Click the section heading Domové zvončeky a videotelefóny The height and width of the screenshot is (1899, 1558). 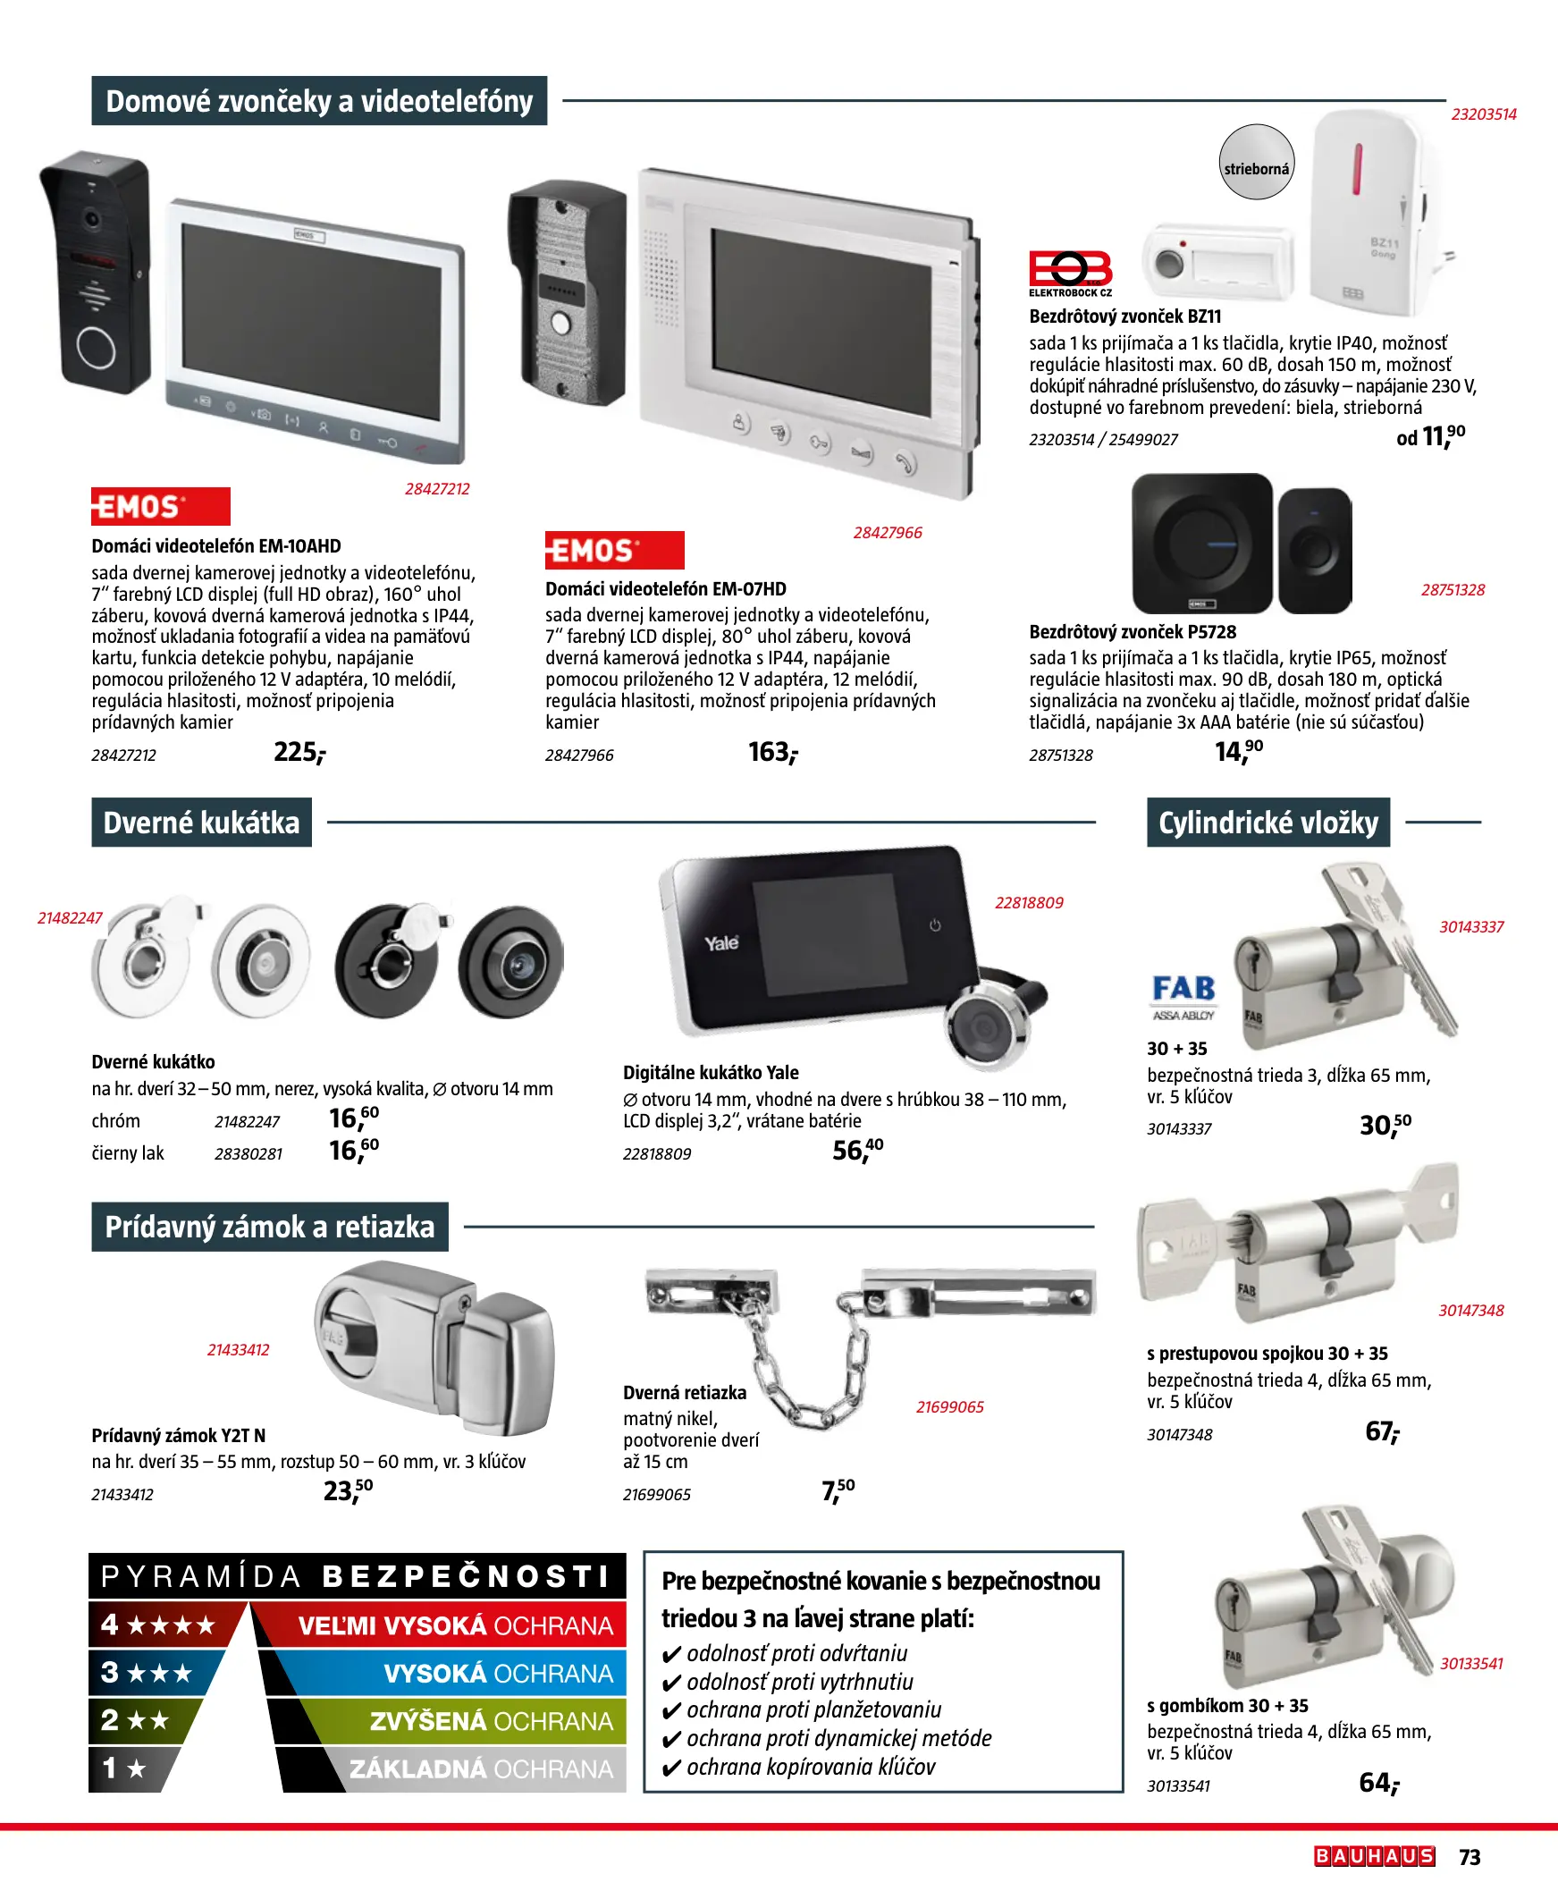pyautogui.click(x=318, y=100)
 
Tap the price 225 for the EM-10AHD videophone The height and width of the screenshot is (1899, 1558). pyautogui.click(x=299, y=752)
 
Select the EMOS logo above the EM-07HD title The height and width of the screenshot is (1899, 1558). pyautogui.click(x=615, y=550)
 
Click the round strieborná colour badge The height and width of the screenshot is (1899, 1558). pyautogui.click(x=1257, y=163)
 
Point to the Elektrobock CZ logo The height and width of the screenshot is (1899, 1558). pyautogui.click(x=1071, y=274)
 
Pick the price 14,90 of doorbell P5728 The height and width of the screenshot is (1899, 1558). pyautogui.click(x=1239, y=751)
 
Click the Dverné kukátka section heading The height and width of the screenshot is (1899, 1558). pyautogui.click(x=201, y=822)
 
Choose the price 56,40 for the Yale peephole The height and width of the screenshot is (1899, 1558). pyautogui.click(x=857, y=1150)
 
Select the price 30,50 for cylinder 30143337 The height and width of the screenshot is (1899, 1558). pyautogui.click(x=1385, y=1125)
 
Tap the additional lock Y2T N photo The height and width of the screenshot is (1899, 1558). pyautogui.click(x=434, y=1346)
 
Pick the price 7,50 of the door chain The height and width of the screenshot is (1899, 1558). pyautogui.click(x=838, y=1490)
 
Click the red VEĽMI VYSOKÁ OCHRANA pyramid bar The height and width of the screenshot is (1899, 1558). pyautogui.click(x=440, y=1625)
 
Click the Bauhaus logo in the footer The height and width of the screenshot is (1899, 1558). pyautogui.click(x=1375, y=1856)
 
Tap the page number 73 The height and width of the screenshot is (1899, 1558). pyautogui.click(x=1470, y=1857)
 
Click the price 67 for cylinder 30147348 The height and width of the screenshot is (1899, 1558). pyautogui.click(x=1382, y=1431)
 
